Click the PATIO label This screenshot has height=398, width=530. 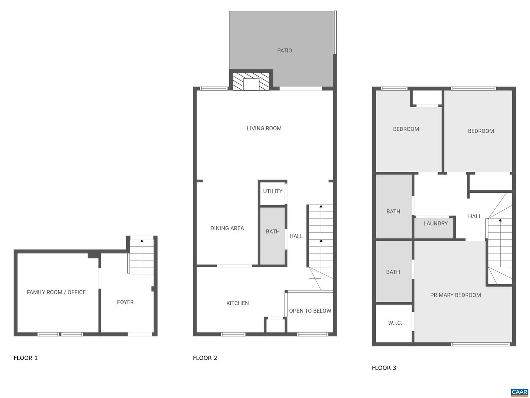click(285, 50)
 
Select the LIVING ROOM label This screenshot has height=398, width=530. click(264, 128)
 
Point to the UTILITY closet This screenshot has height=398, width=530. click(273, 191)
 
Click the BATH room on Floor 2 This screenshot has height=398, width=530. click(273, 231)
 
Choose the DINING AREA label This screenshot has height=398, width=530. click(227, 228)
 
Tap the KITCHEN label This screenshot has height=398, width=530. click(237, 303)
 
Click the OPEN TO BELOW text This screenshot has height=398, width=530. click(310, 311)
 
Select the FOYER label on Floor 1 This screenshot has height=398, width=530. click(125, 302)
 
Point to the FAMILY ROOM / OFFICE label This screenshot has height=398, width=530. click(56, 292)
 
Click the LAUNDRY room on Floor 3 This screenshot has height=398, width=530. click(435, 223)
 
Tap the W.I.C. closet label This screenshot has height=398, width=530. click(395, 323)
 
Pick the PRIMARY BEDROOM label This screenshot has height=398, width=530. click(455, 295)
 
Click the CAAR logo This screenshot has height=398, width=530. click(519, 392)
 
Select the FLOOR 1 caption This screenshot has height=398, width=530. click(25, 358)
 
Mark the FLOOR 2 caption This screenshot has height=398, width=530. click(205, 358)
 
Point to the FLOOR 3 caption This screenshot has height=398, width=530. click(384, 368)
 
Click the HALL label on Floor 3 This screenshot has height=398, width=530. click(474, 216)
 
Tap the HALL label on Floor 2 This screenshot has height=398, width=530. click(296, 236)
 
